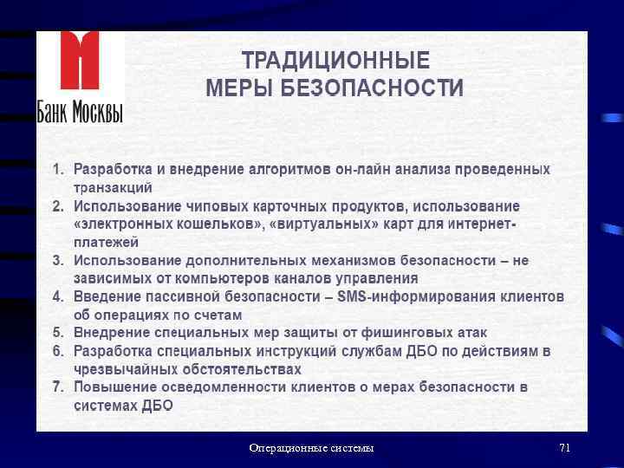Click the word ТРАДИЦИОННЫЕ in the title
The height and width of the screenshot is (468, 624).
[335, 62]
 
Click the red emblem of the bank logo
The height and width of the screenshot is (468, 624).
[80, 63]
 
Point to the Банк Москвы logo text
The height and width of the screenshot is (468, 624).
[80, 112]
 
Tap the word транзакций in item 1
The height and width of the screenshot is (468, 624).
[113, 187]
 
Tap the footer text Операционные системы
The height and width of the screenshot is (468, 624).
[311, 448]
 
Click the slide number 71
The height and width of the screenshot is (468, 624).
[564, 448]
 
